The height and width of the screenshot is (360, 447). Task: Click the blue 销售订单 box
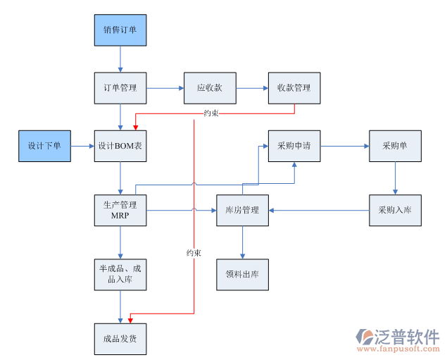tap(120, 30)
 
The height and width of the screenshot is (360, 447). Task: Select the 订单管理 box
tap(120, 89)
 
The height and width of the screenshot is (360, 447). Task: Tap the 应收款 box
tap(210, 89)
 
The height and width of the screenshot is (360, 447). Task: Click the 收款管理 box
tap(294, 89)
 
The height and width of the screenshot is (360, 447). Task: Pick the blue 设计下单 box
tap(44, 146)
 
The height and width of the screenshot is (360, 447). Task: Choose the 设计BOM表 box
tap(120, 146)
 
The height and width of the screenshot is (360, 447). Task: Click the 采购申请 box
tap(294, 146)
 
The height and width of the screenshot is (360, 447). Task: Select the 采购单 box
tap(395, 146)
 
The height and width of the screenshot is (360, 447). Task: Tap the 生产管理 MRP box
tap(120, 210)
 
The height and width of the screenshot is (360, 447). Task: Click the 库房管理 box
tap(242, 210)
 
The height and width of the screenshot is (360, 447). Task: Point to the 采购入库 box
tap(395, 210)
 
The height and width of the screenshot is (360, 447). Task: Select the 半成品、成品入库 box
tap(120, 273)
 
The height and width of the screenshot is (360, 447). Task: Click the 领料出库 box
tap(242, 273)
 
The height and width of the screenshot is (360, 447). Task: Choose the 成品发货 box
tap(120, 339)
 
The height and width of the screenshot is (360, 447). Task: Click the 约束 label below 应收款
tap(210, 113)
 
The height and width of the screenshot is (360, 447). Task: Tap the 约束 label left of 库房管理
tap(194, 252)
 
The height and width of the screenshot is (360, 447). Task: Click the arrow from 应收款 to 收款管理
tap(252, 89)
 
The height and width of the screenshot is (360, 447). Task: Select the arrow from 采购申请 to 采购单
tap(345, 146)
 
